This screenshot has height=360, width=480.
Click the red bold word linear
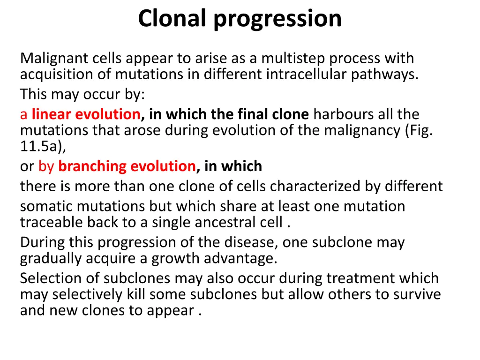[51, 114]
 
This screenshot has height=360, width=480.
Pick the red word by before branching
[46, 166]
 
